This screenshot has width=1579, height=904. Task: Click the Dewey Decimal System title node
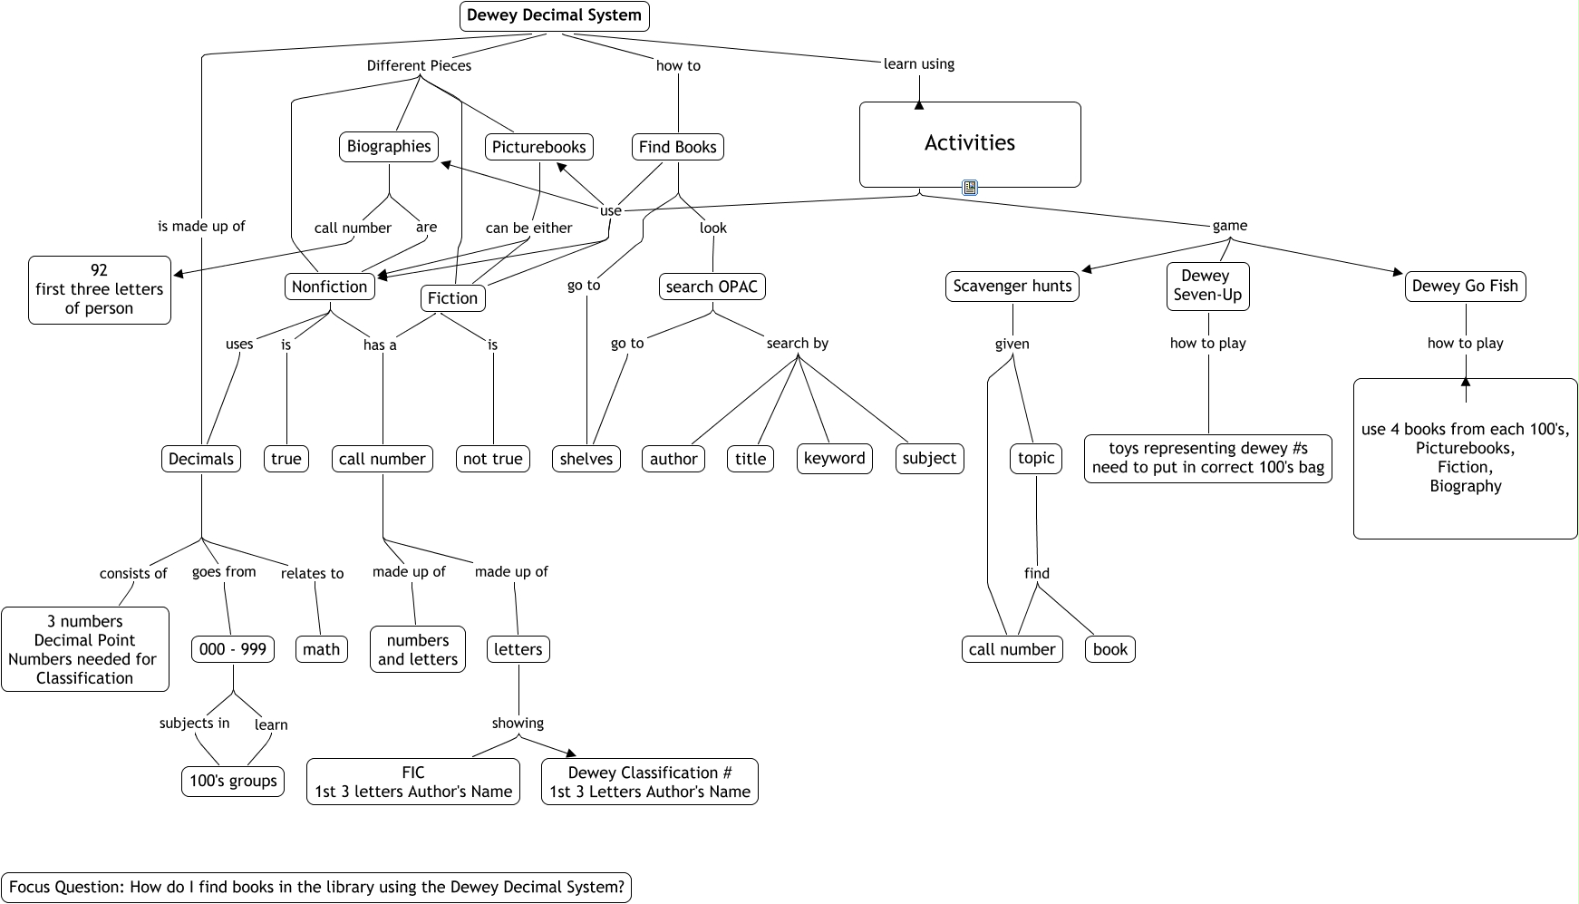click(554, 15)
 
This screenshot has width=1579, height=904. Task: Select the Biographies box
click(389, 147)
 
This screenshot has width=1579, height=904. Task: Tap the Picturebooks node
click(539, 147)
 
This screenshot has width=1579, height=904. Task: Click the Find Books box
click(677, 147)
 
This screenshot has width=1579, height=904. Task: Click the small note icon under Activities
click(970, 188)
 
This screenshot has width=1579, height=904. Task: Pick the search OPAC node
click(712, 287)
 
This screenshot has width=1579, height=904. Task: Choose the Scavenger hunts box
click(1012, 287)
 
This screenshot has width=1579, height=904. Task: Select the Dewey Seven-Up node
click(1207, 286)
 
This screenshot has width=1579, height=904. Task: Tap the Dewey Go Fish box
click(1465, 287)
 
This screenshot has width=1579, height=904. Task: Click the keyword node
click(834, 459)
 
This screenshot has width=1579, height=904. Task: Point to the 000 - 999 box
click(233, 649)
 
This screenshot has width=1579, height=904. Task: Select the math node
click(321, 649)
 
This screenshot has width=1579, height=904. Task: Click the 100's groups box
click(233, 782)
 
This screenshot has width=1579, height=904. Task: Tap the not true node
click(492, 459)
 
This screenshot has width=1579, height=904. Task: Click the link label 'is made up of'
click(201, 226)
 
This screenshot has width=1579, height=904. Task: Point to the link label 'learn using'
click(918, 63)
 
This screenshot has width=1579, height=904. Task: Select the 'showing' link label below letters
click(518, 723)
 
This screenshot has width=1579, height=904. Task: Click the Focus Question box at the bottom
click(316, 887)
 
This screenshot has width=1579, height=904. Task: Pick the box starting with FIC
click(413, 782)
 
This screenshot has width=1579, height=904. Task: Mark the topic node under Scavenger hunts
click(1035, 459)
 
